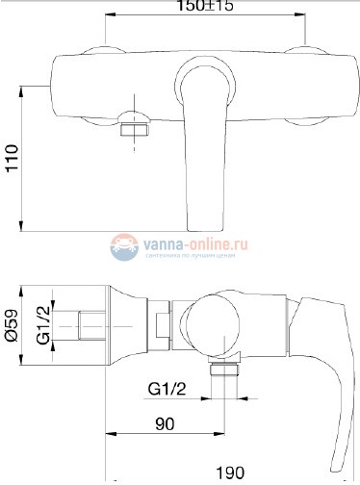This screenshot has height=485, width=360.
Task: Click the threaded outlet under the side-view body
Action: coord(224,374)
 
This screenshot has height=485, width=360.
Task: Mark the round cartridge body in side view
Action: coord(219,327)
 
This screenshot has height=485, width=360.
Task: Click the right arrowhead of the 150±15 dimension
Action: coord(304,16)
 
